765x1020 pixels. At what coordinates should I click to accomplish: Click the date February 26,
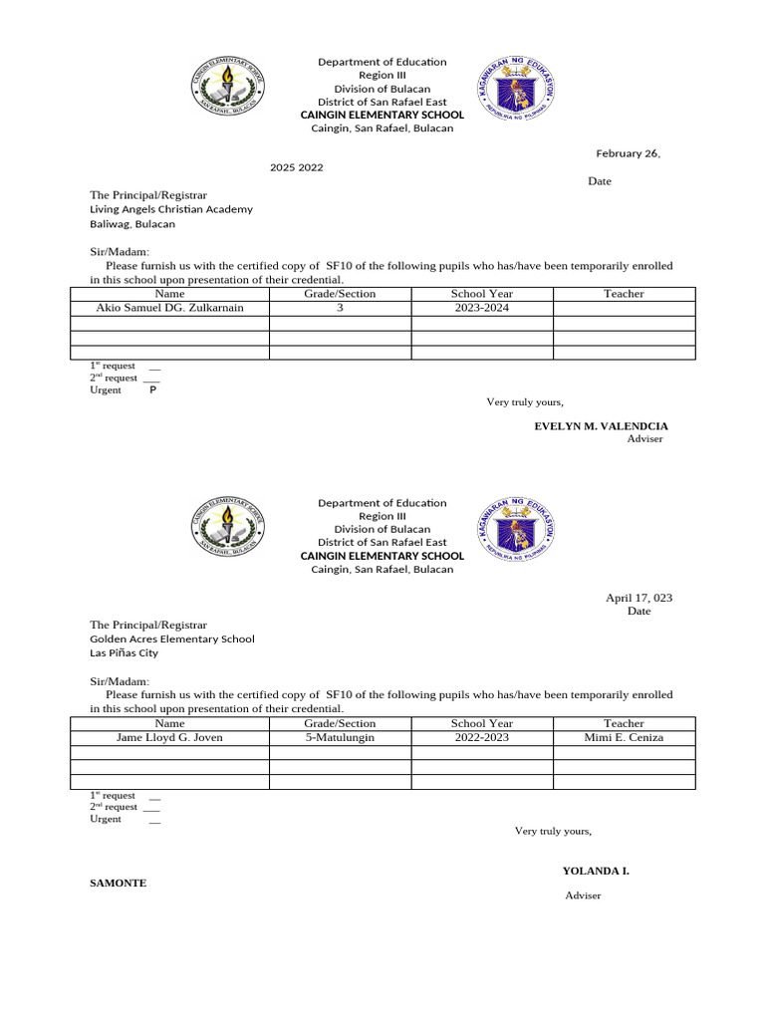[628, 153]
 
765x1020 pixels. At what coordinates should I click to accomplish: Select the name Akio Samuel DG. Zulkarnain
[169, 308]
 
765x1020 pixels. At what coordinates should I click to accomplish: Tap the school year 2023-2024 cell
[482, 308]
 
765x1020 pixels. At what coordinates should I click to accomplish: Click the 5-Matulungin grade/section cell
[341, 738]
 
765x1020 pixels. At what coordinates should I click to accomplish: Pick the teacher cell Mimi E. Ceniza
[624, 738]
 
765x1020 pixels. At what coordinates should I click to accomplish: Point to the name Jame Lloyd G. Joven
[169, 738]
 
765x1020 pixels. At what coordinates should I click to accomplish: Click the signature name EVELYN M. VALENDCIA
[602, 425]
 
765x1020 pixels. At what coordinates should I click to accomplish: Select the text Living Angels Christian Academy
[171, 210]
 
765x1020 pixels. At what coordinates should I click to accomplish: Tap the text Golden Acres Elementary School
[172, 639]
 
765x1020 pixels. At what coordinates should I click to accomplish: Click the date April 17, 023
[638, 598]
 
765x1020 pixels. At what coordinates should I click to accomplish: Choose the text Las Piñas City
[124, 653]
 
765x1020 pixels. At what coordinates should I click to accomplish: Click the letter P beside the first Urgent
[152, 390]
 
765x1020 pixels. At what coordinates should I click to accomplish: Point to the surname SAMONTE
[119, 883]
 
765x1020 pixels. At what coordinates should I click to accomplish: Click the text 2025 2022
[297, 167]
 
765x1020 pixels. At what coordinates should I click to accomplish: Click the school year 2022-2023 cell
[482, 738]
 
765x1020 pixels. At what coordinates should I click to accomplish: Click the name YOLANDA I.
[596, 871]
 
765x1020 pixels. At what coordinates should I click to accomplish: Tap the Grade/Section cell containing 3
[341, 308]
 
